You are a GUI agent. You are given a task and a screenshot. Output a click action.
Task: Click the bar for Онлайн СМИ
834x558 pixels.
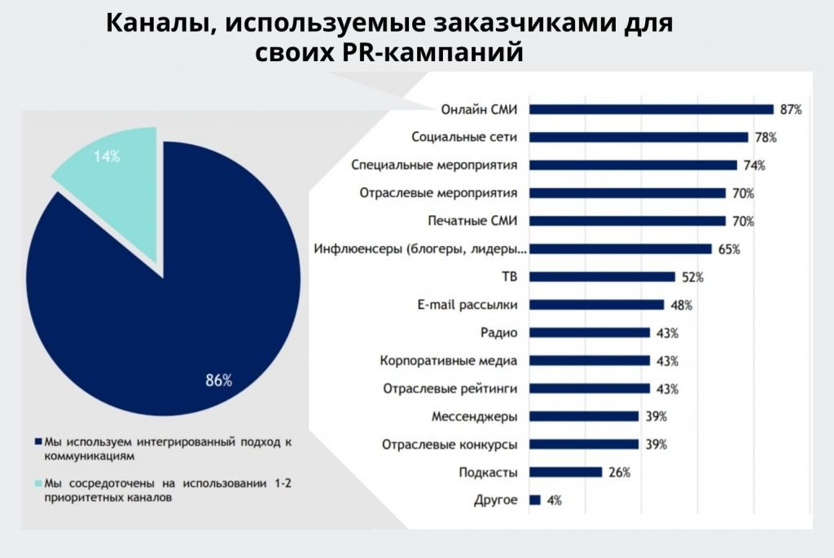[x=651, y=109]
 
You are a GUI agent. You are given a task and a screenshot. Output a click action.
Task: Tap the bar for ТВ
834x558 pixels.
[x=602, y=276]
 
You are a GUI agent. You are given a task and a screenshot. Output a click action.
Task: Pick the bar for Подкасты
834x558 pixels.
[x=565, y=472]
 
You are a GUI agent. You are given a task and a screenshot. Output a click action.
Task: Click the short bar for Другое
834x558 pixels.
[x=534, y=499]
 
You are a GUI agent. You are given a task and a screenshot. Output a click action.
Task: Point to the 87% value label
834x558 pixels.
[x=791, y=109]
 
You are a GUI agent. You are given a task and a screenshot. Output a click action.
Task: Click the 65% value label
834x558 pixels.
[x=728, y=249]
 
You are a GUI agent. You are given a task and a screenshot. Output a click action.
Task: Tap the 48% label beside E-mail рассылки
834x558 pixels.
[x=681, y=305]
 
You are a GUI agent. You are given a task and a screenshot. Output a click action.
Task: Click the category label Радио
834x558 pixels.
[x=499, y=332]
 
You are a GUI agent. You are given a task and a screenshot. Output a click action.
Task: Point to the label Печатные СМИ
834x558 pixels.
[x=473, y=221]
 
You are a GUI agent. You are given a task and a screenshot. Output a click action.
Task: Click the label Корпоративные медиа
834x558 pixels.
[x=450, y=360]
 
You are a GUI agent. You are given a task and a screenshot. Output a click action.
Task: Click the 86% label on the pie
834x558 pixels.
[x=218, y=380]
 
